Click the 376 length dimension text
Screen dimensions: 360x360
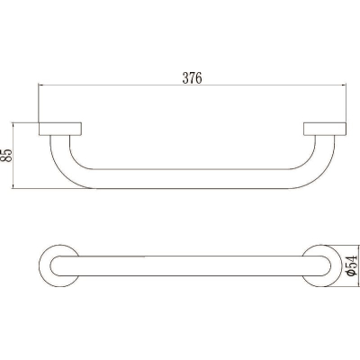(x=193, y=78)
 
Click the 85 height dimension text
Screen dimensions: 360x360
(x=6, y=156)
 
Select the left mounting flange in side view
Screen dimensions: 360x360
(x=60, y=129)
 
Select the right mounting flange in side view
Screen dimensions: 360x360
(x=325, y=129)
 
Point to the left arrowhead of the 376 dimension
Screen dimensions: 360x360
(x=40, y=85)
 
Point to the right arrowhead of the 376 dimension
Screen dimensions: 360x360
(x=344, y=85)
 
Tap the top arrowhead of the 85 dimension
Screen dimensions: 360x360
(x=13, y=125)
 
